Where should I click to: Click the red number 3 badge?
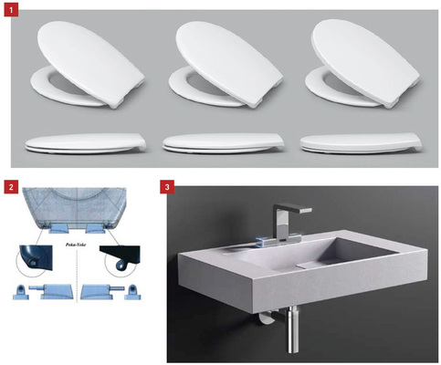pyautogui.click(x=166, y=187)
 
